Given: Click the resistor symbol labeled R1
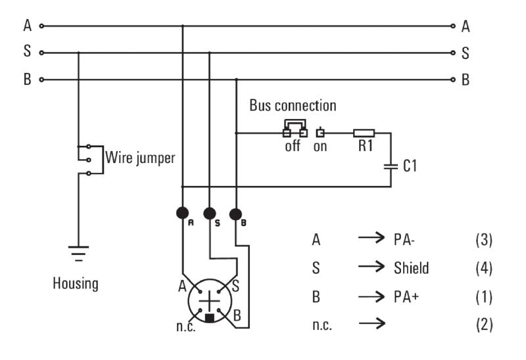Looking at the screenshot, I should coord(364,133).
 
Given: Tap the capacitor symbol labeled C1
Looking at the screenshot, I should coord(391,166).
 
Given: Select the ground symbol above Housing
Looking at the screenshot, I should coord(78,253).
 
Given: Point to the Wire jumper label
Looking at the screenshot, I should coord(140,159).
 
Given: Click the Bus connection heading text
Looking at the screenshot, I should coord(293,106).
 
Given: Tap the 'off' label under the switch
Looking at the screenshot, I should coord(293,146).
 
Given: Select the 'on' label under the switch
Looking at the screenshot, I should coord(320,146).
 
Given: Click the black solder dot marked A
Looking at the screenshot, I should coord(182,213).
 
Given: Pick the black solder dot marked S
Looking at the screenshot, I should coord(209,213).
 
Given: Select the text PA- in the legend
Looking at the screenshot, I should coord(405,240).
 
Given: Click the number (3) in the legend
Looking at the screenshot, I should coord(483,240).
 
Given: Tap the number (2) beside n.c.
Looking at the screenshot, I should coord(483,325).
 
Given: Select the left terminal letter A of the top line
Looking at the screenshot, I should coord(27,26).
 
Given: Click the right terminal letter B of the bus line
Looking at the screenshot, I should coord(466,80).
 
